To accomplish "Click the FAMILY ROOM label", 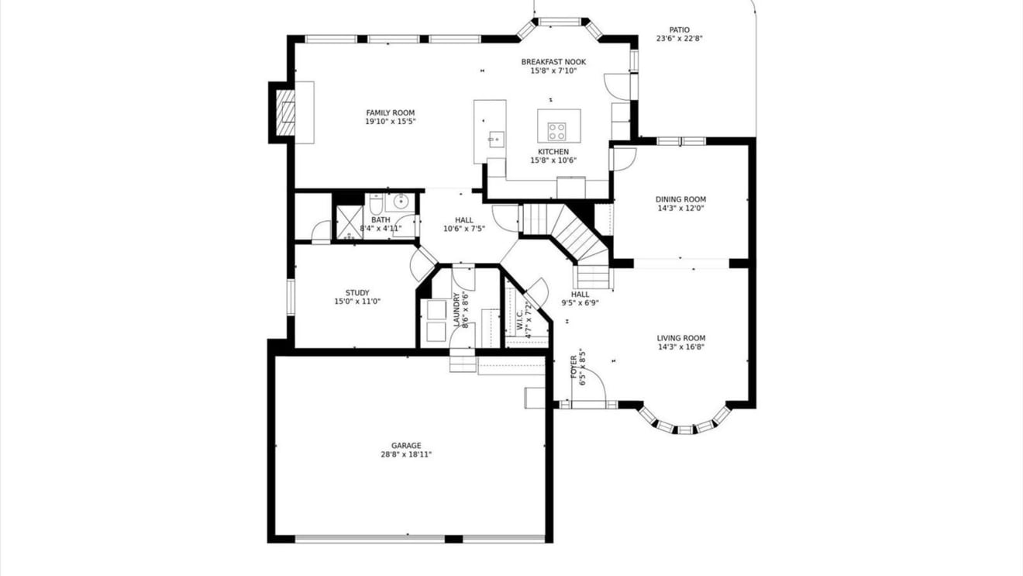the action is point(391,113).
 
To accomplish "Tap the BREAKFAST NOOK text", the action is point(553,62).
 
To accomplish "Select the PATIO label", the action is point(680,30).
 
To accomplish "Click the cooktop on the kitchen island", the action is point(556,131).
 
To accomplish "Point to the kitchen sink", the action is point(497,140).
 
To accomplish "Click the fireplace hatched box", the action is point(285,113).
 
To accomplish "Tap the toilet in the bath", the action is point(376,205).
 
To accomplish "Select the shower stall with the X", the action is point(350,222).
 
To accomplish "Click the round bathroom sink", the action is point(401,201).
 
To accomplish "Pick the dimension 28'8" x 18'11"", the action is point(406,454).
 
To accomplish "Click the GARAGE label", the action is point(406,446).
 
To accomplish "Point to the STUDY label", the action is point(357,293).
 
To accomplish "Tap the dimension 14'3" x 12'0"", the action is point(680,209).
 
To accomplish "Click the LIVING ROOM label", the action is point(681,339).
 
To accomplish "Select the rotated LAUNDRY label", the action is point(456,309).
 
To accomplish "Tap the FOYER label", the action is point(573,367).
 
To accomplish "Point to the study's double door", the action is point(423,264).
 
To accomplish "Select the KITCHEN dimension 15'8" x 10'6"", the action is point(553,160).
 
